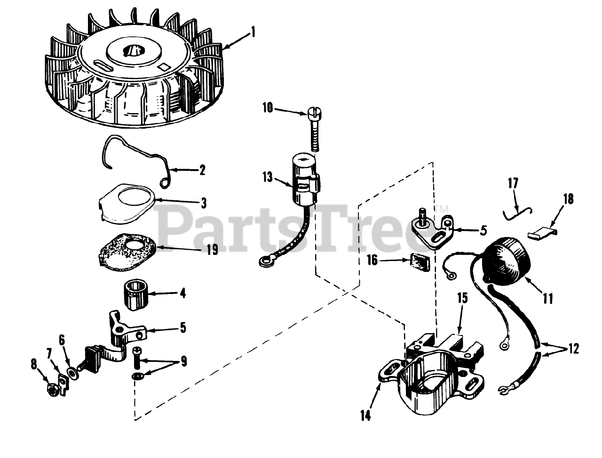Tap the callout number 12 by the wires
(x=573, y=349)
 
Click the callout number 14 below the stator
(x=365, y=416)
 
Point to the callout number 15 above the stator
(x=462, y=298)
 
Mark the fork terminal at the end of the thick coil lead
(x=505, y=389)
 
